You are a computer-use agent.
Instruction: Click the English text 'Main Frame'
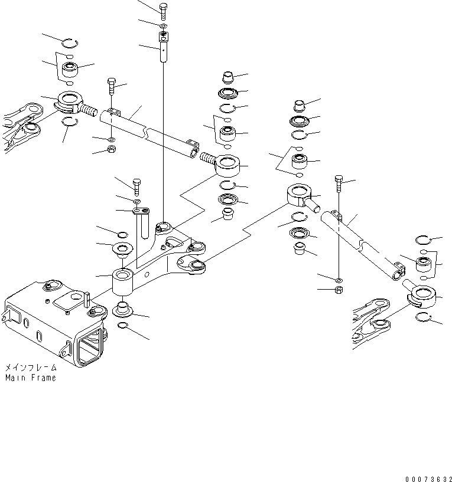pyautogui.click(x=31, y=378)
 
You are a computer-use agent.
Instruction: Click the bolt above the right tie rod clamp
pyautogui.click(x=338, y=183)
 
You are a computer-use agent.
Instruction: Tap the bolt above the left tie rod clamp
pyautogui.click(x=112, y=87)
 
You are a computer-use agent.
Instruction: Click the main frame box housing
pyautogui.click(x=53, y=324)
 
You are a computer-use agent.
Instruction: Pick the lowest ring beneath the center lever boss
pyautogui.click(x=125, y=326)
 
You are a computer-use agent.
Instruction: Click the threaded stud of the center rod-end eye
pyautogui.click(x=209, y=158)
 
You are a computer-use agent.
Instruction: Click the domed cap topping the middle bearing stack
pyautogui.click(x=227, y=77)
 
